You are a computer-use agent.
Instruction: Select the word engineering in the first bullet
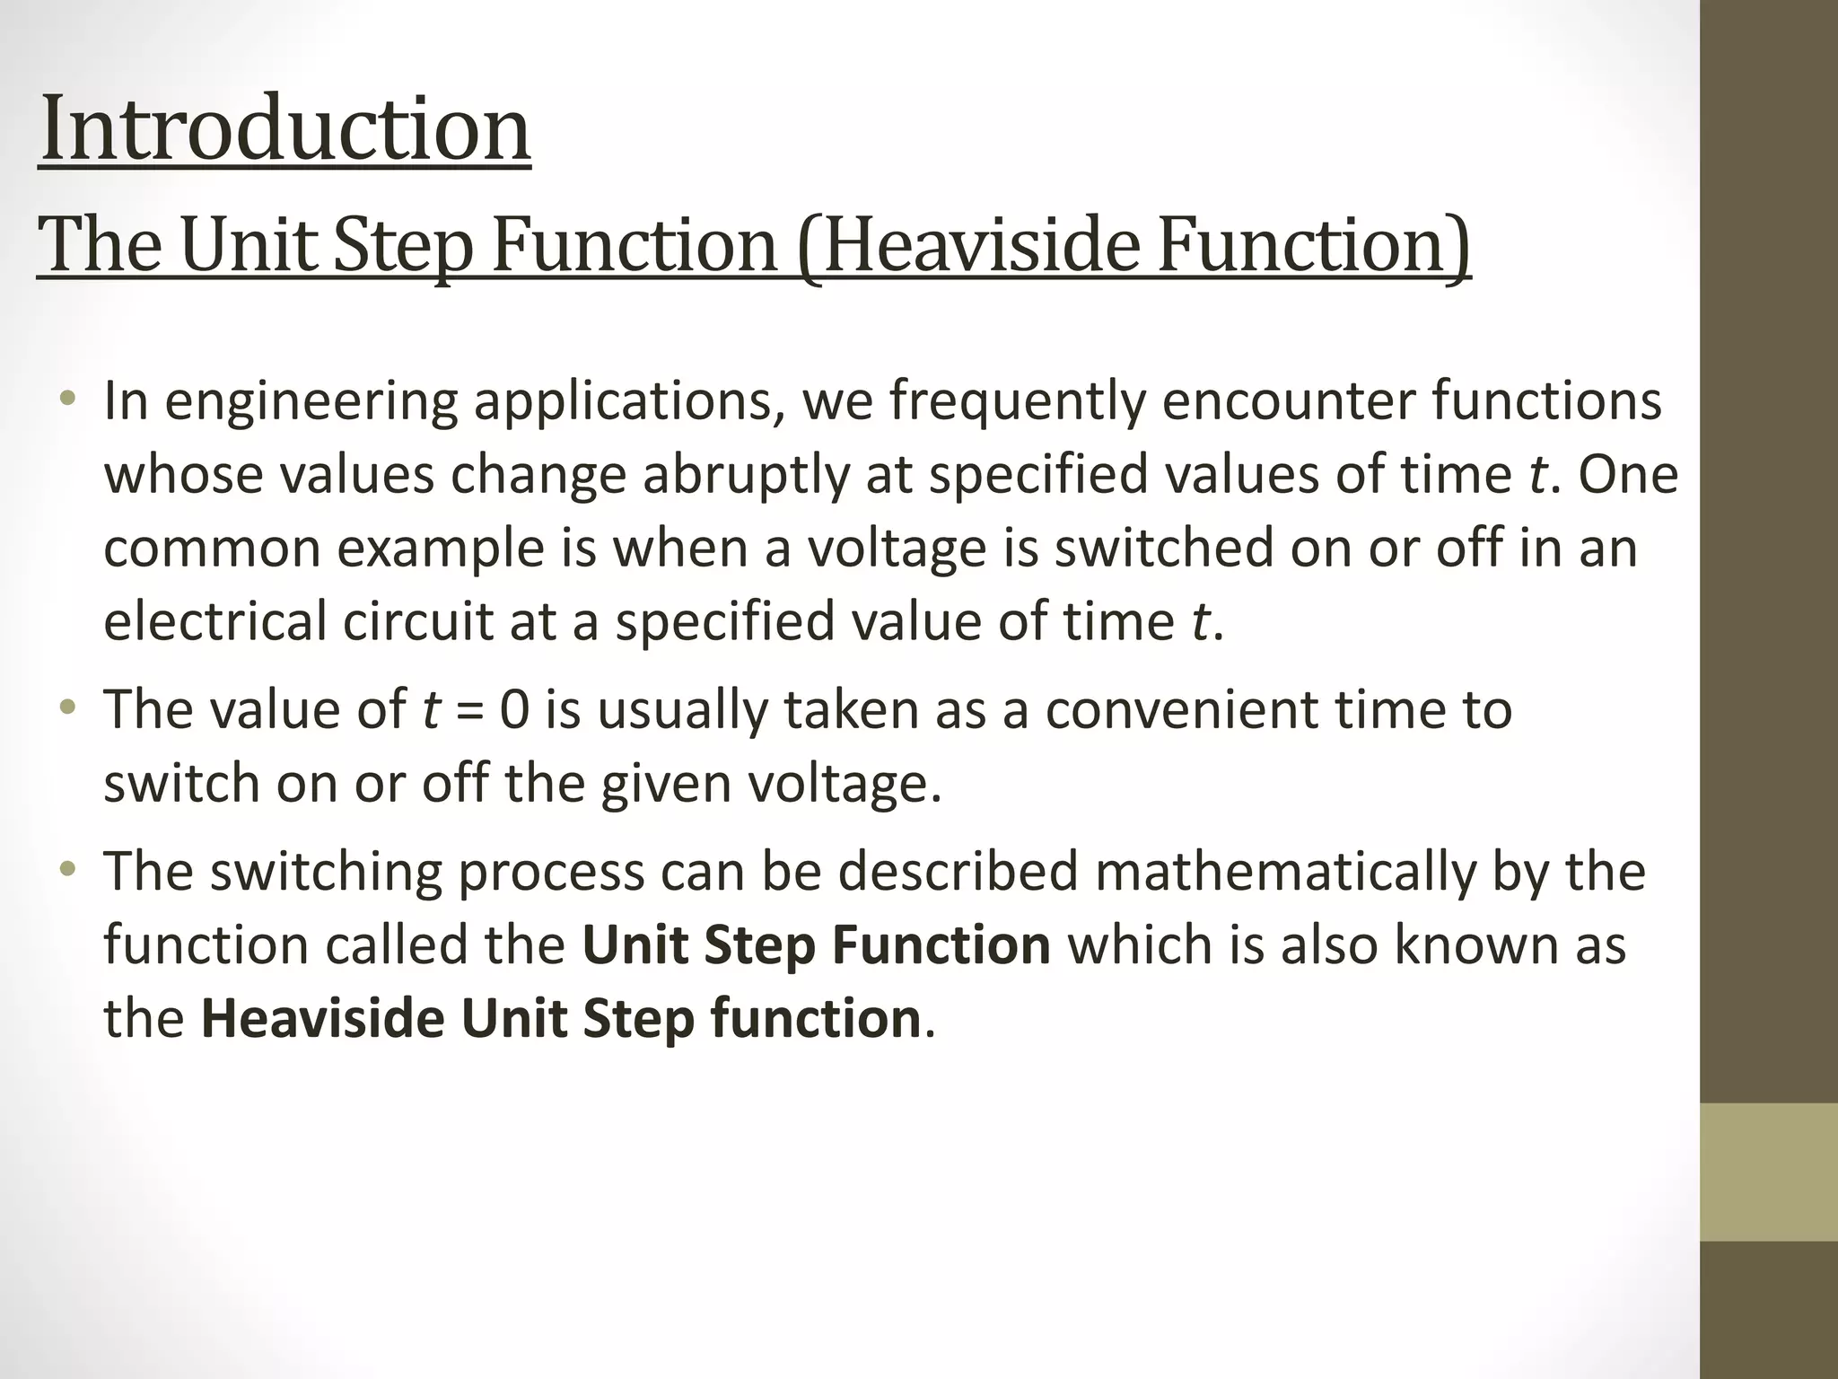(x=311, y=401)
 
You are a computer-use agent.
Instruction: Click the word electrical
(x=214, y=622)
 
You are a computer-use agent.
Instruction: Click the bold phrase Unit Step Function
(x=816, y=945)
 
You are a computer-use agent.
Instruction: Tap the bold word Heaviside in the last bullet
(x=322, y=1019)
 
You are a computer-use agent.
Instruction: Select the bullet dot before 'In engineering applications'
(x=67, y=400)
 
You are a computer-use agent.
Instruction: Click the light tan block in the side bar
(x=1768, y=1172)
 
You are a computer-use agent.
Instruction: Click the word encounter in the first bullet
(x=1288, y=401)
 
